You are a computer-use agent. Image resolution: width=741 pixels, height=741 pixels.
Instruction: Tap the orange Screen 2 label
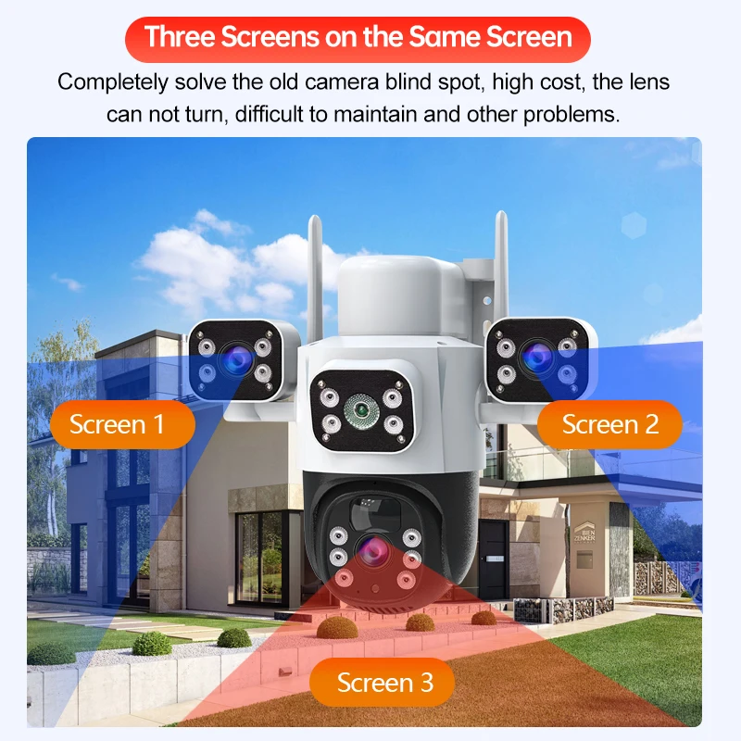610,424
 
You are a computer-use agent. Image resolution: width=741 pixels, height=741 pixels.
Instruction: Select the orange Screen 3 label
384,683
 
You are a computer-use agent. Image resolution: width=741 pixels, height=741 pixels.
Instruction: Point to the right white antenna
501,269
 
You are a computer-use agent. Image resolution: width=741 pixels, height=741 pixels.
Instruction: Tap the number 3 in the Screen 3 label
424,683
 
